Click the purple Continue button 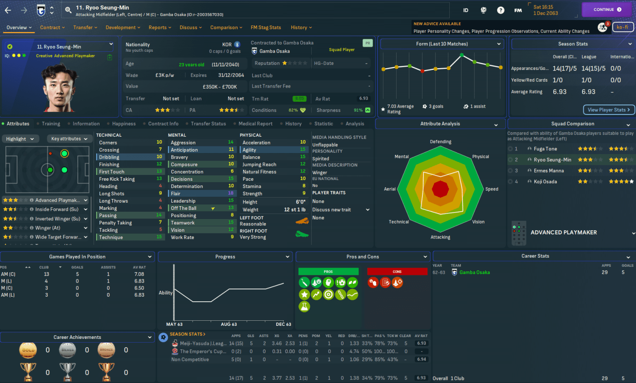coord(607,10)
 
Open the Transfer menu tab coord(85,27)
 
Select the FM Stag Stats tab coord(266,27)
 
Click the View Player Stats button coord(609,109)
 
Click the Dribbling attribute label coord(109,157)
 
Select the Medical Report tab coord(256,124)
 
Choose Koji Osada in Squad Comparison coord(545,182)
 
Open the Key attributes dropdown coord(70,139)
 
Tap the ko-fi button coord(623,27)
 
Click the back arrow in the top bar coord(8,10)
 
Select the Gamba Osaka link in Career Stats coord(474,273)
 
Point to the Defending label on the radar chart coord(440,142)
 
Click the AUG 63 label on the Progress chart coord(229,324)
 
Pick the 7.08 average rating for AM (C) coord(139,274)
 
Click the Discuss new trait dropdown coord(341,210)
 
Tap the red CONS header coord(397,272)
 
